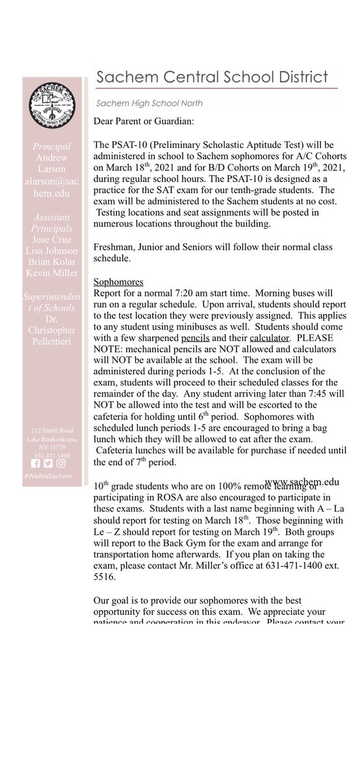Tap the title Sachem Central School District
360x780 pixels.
click(212, 79)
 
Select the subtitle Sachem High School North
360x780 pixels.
click(149, 103)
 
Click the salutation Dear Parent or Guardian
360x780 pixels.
click(142, 121)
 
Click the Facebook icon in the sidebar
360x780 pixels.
click(36, 463)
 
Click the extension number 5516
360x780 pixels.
click(107, 578)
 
